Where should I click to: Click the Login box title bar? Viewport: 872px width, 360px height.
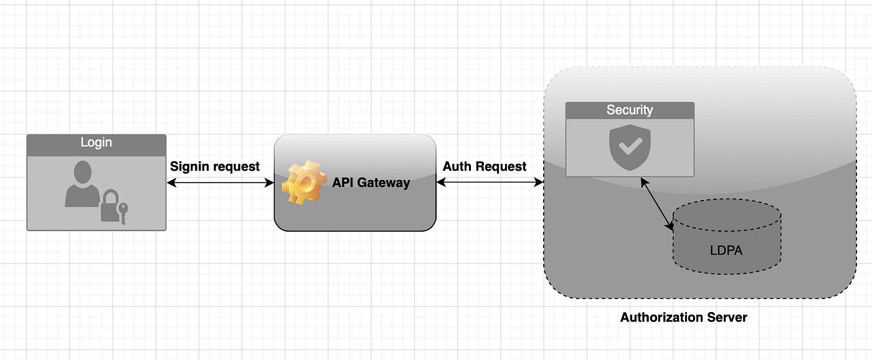[x=96, y=143]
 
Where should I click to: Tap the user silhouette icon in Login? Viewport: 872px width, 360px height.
[x=82, y=184]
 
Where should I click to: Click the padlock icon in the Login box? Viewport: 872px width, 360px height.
[x=110, y=207]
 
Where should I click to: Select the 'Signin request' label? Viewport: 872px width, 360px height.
[x=215, y=166]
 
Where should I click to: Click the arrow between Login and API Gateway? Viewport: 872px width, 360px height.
[x=220, y=182]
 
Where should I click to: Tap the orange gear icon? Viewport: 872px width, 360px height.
[x=303, y=182]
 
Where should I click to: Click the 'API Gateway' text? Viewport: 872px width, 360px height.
[x=371, y=182]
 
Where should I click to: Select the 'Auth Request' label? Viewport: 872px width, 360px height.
[x=485, y=166]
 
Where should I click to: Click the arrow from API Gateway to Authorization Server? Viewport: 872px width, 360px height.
[x=490, y=182]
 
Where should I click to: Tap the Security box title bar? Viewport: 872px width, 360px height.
[x=629, y=110]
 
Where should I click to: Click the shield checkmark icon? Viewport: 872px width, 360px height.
[x=629, y=147]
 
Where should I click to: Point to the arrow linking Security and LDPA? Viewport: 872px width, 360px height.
[x=658, y=204]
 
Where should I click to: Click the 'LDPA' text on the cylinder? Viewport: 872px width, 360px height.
[x=726, y=250]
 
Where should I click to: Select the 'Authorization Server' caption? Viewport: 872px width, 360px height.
[x=683, y=317]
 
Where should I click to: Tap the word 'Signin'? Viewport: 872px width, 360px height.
[x=190, y=166]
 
